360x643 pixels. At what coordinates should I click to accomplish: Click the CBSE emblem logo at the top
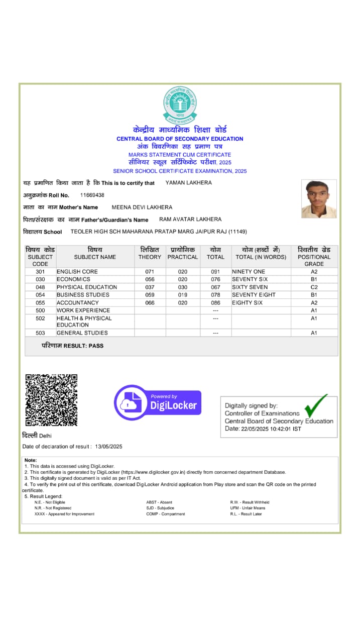tap(180, 105)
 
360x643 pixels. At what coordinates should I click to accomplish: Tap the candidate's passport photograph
tap(319, 199)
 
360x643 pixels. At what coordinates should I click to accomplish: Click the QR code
tap(51, 400)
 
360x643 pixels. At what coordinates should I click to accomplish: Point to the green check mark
tap(315, 405)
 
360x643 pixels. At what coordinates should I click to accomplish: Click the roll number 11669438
tap(92, 195)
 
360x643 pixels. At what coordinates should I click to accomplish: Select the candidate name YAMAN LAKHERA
tap(188, 183)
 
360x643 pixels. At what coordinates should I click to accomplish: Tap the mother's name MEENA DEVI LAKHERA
tap(142, 207)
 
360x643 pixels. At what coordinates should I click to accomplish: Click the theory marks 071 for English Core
tap(150, 272)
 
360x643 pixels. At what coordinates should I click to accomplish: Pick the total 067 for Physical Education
tap(215, 287)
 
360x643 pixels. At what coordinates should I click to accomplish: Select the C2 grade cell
tap(314, 287)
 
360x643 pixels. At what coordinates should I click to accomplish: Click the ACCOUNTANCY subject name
tap(77, 303)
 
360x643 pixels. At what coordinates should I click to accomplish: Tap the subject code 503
tap(40, 333)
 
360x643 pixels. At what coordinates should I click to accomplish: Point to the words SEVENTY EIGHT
tap(254, 295)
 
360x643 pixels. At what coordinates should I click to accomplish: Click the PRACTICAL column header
tap(183, 253)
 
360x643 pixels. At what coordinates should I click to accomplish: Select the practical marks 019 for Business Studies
tap(183, 295)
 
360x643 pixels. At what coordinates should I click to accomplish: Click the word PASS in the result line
tap(96, 346)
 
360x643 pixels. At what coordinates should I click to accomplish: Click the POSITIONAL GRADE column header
tap(314, 256)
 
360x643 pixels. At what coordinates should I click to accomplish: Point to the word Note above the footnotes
tap(31, 460)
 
